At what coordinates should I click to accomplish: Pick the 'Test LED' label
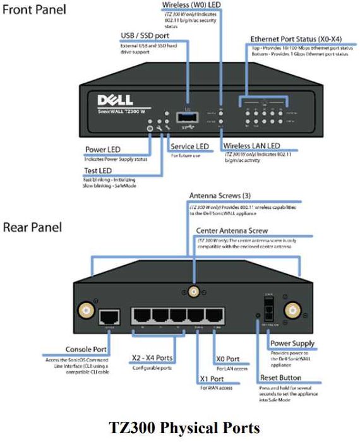[x=102, y=171]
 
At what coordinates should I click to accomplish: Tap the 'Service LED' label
[x=190, y=146]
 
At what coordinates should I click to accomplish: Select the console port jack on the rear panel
[x=111, y=316]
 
